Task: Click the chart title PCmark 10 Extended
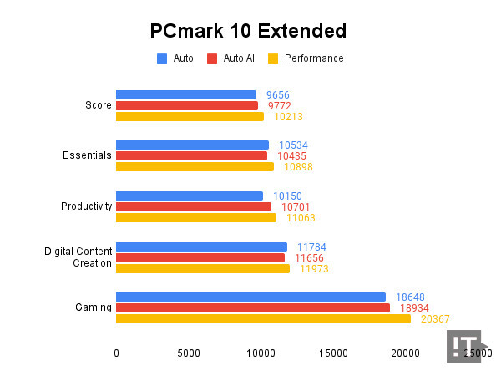248,32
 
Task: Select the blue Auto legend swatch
162,58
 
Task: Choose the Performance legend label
313,58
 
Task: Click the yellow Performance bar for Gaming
263,318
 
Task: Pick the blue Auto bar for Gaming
250,297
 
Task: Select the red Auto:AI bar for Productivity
194,206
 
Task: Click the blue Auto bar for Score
186,94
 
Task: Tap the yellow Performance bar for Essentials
195,166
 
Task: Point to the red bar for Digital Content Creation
200,257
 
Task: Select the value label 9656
277,95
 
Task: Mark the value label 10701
297,206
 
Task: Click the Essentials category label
88,155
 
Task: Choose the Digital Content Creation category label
78,257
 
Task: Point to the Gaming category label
93,307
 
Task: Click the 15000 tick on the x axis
333,353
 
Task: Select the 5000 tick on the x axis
189,353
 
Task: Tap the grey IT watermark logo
464,346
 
